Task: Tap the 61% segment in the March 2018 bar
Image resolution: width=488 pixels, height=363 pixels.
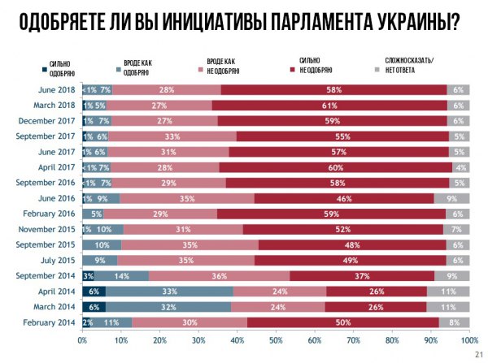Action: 330,105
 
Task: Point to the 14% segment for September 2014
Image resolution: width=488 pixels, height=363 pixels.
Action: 122,275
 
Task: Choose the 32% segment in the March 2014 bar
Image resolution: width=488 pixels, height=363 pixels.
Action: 168,306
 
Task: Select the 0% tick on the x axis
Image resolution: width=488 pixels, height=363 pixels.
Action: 82,340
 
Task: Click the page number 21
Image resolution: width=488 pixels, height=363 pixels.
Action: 477,355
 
